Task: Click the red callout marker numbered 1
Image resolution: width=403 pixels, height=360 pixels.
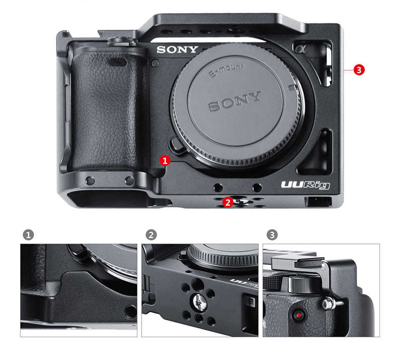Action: tap(165, 160)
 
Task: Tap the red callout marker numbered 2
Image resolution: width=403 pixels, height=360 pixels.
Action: tap(228, 202)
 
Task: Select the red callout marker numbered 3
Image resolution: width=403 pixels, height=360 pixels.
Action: tap(359, 70)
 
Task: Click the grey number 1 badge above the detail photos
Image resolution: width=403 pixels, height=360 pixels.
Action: tap(29, 235)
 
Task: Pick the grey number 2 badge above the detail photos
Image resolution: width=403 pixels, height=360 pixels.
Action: tap(151, 235)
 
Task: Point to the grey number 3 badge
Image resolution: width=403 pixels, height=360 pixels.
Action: tap(272, 235)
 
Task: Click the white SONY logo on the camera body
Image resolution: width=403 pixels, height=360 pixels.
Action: tap(177, 49)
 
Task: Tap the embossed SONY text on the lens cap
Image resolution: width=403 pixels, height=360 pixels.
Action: tap(235, 101)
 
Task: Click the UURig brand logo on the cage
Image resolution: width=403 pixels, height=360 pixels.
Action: tap(305, 186)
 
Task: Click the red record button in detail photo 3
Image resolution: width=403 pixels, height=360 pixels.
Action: tap(299, 316)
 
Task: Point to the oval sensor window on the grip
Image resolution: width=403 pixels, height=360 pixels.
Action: tap(117, 63)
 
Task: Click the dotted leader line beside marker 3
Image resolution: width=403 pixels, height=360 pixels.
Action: tap(348, 70)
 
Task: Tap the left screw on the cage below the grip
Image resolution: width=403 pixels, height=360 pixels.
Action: tap(90, 181)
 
